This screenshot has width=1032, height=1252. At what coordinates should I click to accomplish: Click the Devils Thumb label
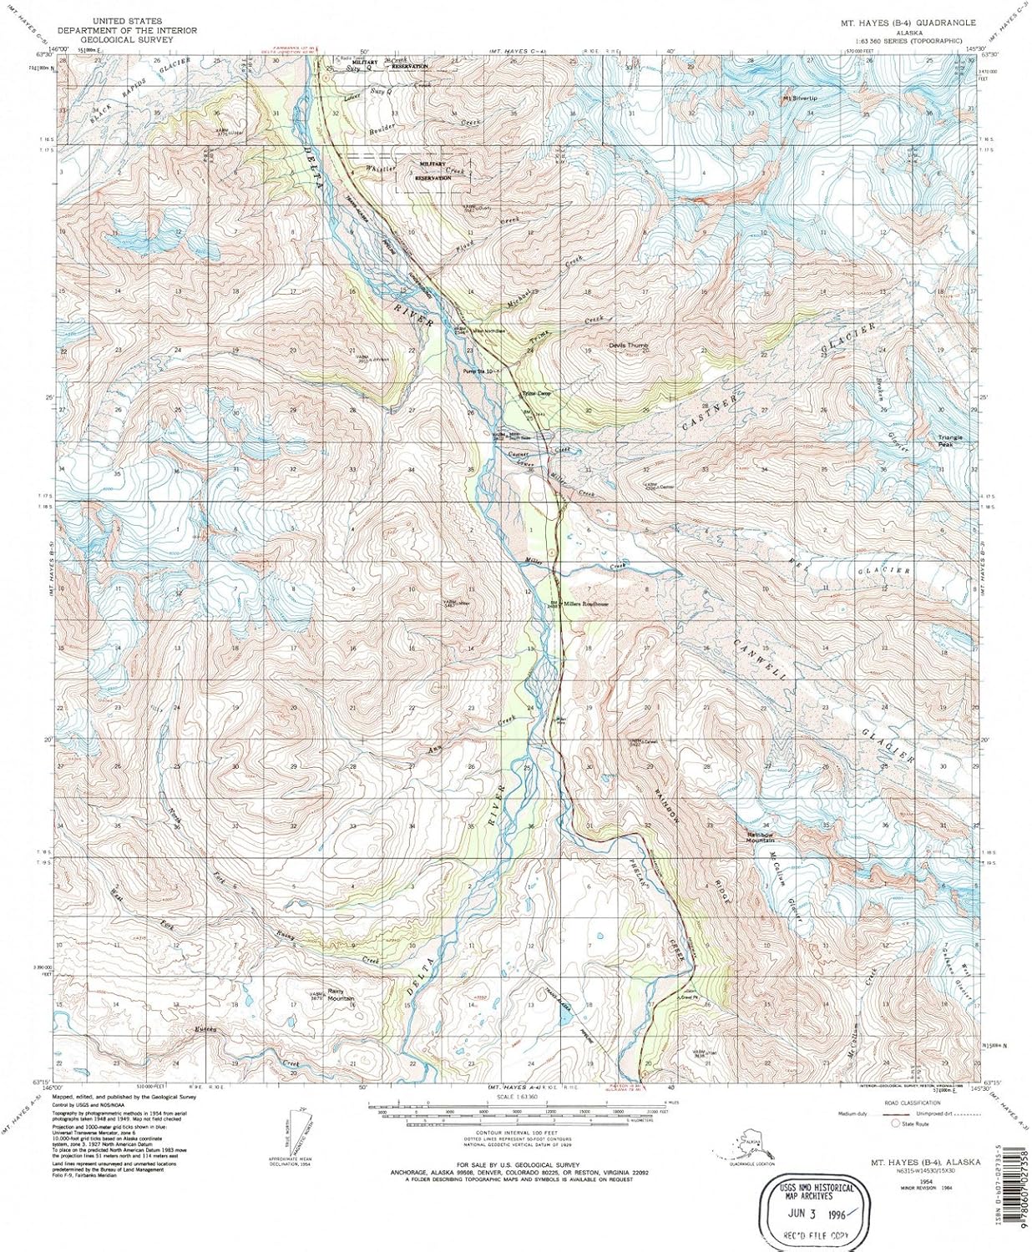point(628,345)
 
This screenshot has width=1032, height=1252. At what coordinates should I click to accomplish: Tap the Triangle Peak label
point(950,441)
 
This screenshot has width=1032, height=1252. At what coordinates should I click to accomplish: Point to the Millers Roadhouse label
point(584,603)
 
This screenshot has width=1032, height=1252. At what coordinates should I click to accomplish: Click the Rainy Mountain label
point(341,996)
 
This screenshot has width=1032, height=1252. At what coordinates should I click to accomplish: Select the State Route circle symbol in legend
point(896,1123)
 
